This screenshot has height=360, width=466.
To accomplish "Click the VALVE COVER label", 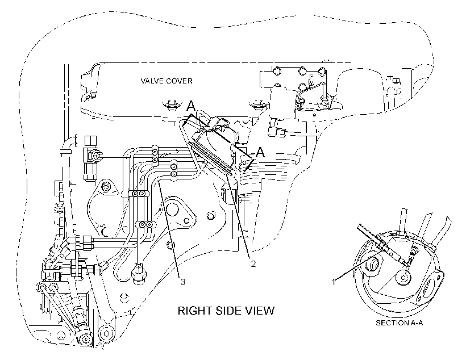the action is coord(167,81).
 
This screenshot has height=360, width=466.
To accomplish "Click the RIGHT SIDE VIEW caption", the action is coord(226,311).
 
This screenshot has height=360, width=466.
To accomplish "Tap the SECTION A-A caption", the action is coord(399,323).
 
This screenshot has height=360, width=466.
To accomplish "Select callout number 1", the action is coord(334,282).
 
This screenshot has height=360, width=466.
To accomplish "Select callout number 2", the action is coord(253,263).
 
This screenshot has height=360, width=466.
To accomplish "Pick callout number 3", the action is coord(183,282).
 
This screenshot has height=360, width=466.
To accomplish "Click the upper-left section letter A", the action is coord(191,106).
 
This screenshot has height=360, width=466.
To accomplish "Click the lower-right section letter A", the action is coord(260,152).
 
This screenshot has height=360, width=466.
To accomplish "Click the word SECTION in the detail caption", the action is coord(392,323).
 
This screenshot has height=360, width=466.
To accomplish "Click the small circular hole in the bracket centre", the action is coord(211,216).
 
